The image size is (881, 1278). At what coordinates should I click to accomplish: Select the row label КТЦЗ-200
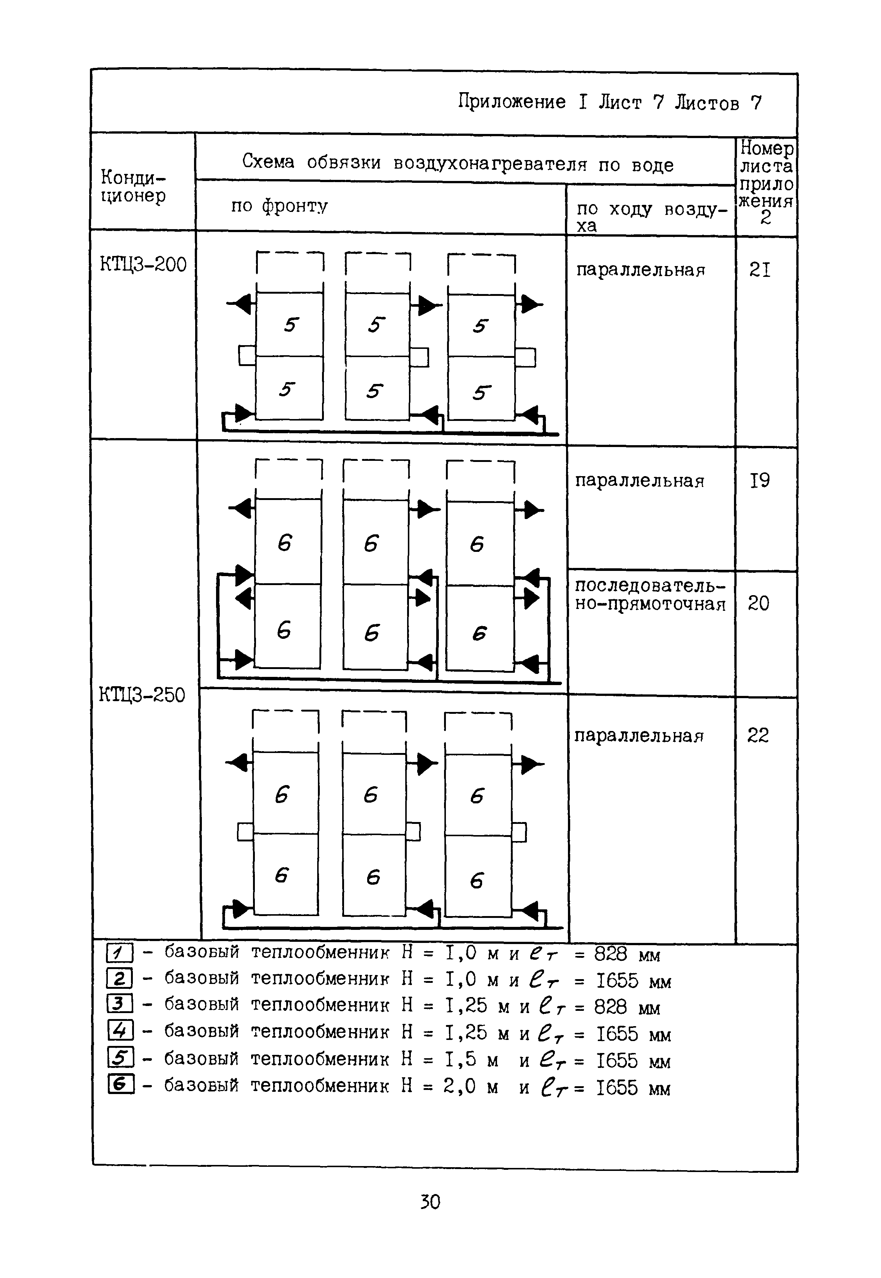(143, 265)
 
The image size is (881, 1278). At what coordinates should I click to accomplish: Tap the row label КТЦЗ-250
(142, 694)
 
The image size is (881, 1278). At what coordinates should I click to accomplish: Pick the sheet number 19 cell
(760, 481)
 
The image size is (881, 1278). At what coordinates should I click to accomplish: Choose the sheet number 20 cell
(759, 603)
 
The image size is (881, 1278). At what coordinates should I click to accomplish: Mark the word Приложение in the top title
(512, 101)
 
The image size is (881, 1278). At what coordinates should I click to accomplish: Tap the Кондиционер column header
(133, 187)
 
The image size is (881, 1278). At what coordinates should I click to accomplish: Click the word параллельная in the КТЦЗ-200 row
(640, 270)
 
